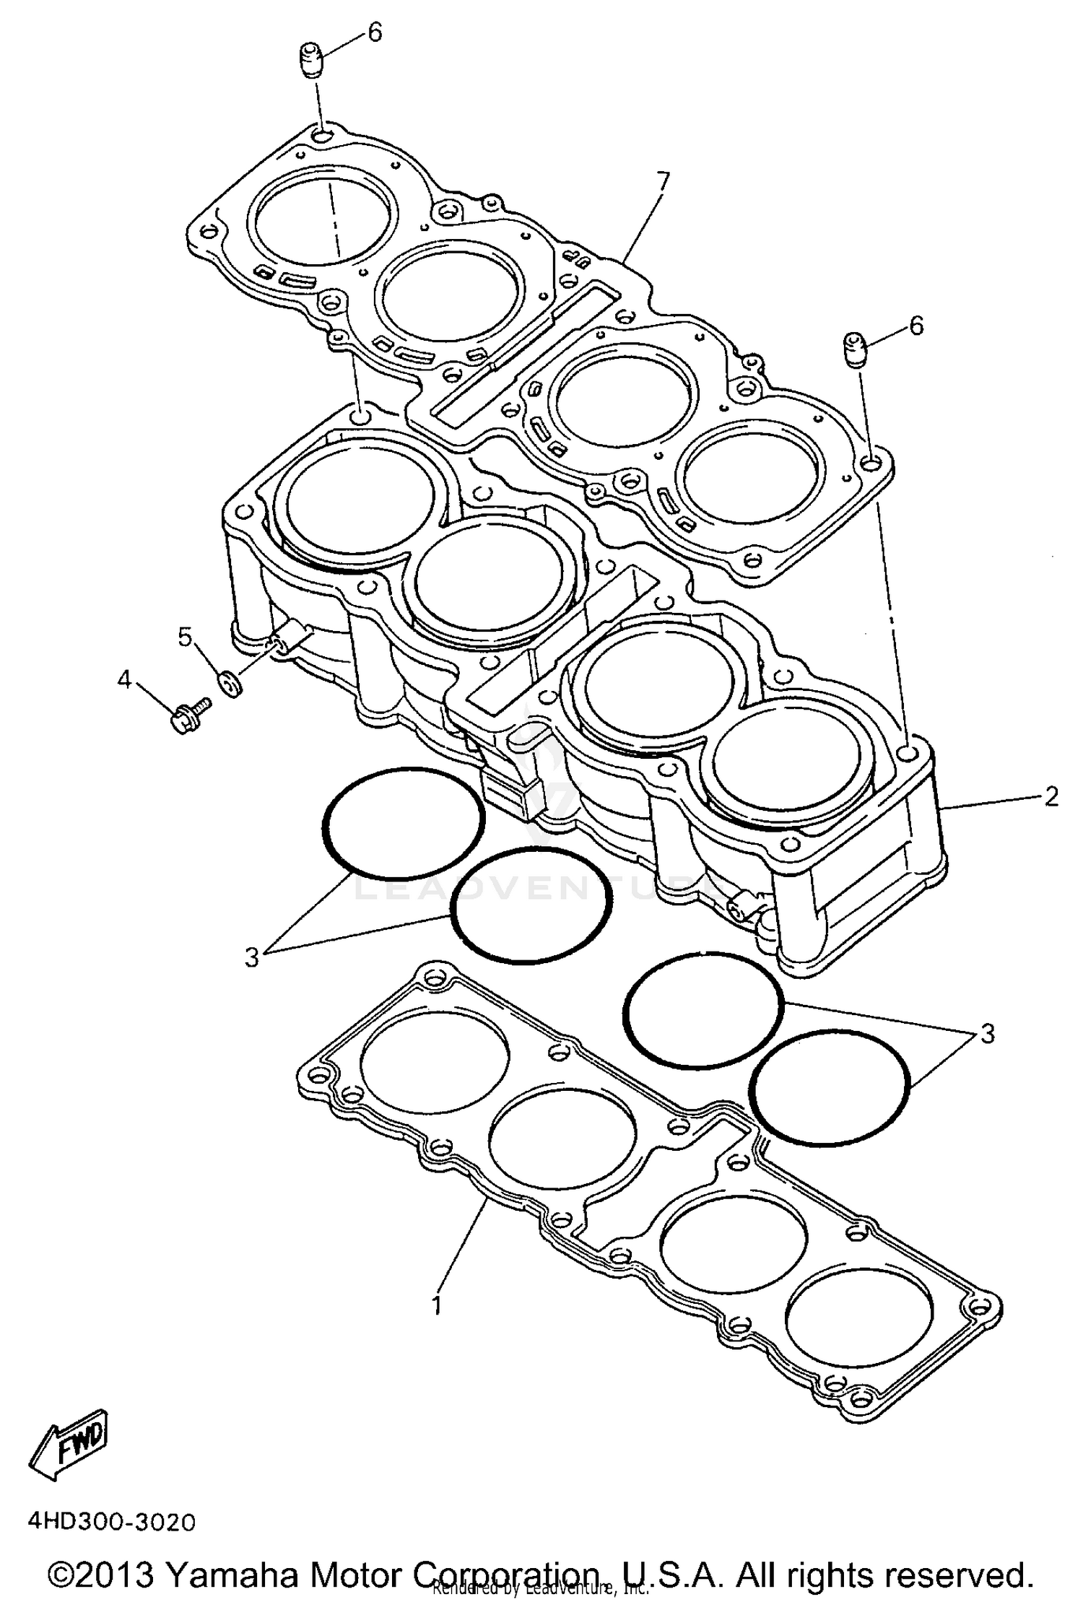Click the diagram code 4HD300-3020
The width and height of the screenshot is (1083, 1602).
(111, 1520)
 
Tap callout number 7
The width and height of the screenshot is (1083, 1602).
(662, 180)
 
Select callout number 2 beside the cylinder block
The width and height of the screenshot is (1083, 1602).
(1051, 796)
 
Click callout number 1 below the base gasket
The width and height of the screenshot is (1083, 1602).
(435, 1305)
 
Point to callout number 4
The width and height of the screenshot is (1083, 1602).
(125, 679)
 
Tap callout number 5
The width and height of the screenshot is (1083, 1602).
(185, 637)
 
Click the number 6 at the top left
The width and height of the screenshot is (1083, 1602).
(375, 32)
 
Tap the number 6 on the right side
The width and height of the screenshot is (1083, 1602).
(915, 326)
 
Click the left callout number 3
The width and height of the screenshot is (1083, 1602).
(251, 957)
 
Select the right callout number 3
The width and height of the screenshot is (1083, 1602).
(987, 1033)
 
